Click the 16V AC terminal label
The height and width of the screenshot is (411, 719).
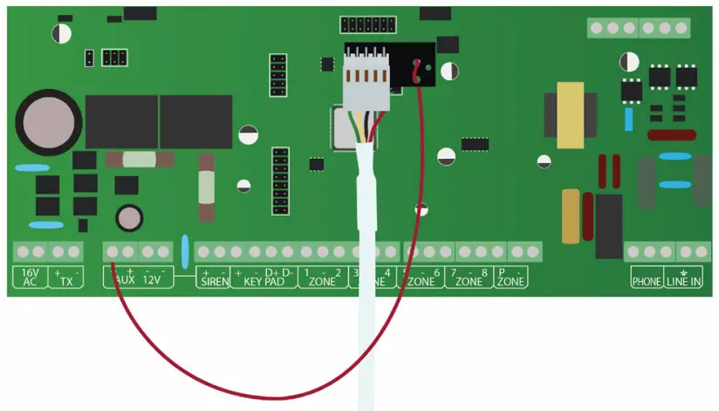(x=30, y=277)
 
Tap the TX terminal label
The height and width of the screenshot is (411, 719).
(x=65, y=277)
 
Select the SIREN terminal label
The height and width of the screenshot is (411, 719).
(x=213, y=277)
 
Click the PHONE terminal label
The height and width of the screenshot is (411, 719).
(x=647, y=281)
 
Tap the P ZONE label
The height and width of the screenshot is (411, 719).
(x=511, y=277)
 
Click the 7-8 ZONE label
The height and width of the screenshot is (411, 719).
(x=469, y=277)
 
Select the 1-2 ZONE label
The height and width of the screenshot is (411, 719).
(x=322, y=277)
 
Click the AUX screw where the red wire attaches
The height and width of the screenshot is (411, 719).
(x=113, y=252)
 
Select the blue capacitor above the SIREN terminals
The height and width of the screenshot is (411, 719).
(x=185, y=251)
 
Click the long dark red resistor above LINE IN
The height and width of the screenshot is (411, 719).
(x=671, y=135)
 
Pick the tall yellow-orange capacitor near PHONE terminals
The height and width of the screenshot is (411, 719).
(x=571, y=216)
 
